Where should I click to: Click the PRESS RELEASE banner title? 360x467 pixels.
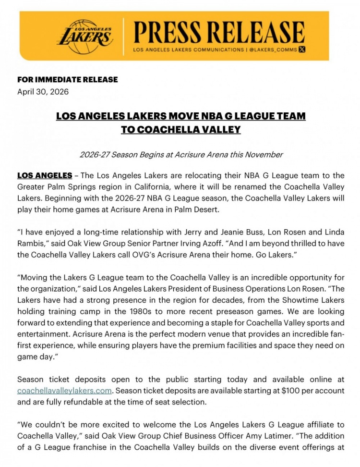219,32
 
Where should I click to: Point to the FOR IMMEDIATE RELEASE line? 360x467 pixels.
67,79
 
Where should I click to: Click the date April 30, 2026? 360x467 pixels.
43,91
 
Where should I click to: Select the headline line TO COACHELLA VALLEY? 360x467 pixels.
180,130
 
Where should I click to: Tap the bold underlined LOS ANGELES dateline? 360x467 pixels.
45,175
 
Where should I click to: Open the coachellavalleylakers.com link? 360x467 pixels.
64,391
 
